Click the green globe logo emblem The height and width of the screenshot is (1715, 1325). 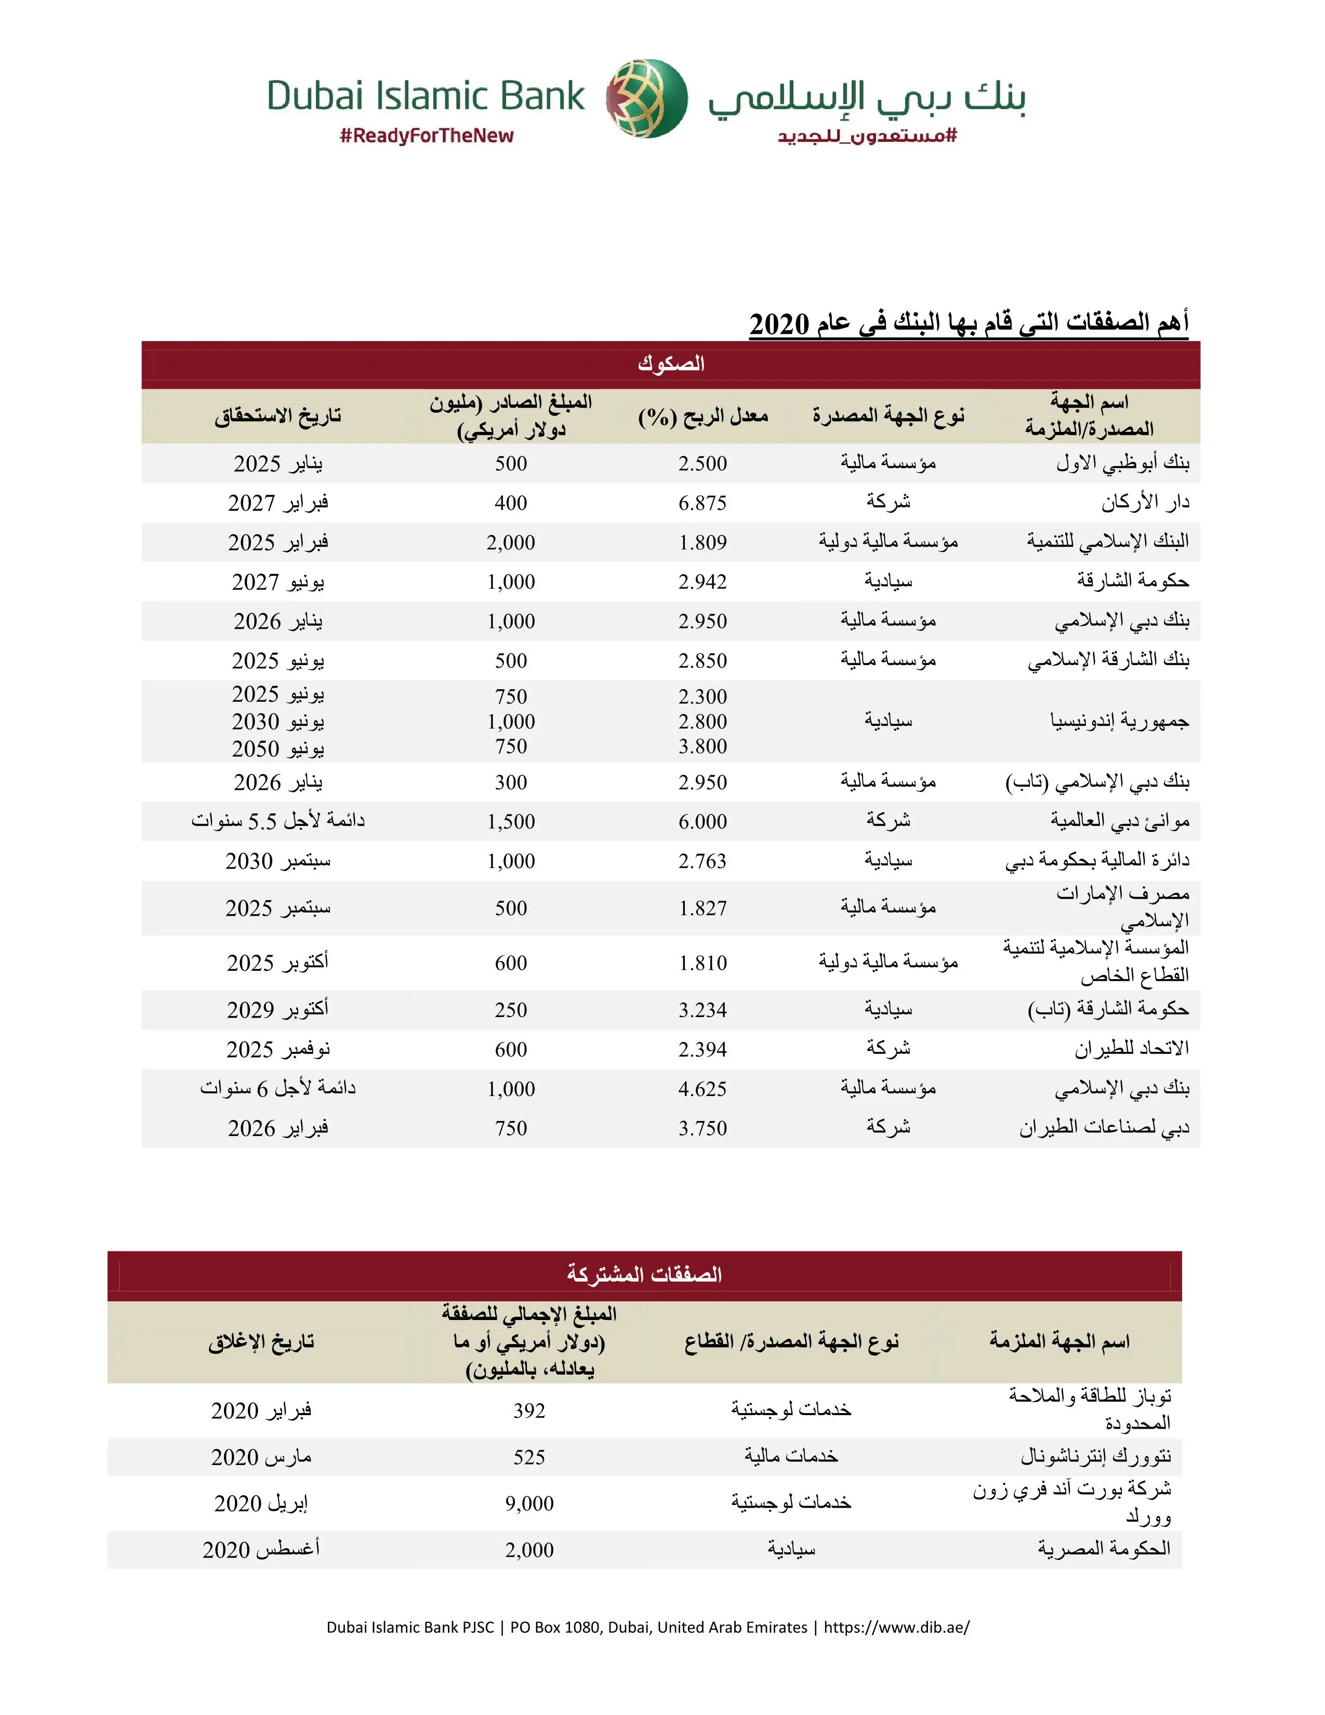(x=647, y=98)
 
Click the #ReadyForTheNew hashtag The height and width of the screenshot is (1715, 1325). (x=426, y=136)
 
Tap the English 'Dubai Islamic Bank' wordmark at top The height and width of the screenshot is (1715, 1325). (x=426, y=96)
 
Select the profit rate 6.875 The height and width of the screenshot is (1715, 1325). (x=703, y=504)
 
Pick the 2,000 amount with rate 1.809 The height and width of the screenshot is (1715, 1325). (x=510, y=543)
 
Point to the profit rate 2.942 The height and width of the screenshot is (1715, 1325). (x=703, y=582)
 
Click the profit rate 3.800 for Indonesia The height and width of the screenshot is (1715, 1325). (x=703, y=747)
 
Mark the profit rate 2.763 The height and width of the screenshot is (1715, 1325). (x=703, y=862)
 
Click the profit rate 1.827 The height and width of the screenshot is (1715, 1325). (x=703, y=908)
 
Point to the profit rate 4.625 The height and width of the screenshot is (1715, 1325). (x=703, y=1089)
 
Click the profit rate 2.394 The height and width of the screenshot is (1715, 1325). (x=703, y=1050)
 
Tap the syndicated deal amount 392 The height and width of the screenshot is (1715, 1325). (x=529, y=1411)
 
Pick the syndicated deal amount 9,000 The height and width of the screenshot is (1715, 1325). (x=529, y=1504)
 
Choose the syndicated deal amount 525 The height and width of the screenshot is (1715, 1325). (x=529, y=1457)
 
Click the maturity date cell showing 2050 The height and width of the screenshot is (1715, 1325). (x=278, y=748)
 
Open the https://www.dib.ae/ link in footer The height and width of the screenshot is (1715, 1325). (x=896, y=1627)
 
